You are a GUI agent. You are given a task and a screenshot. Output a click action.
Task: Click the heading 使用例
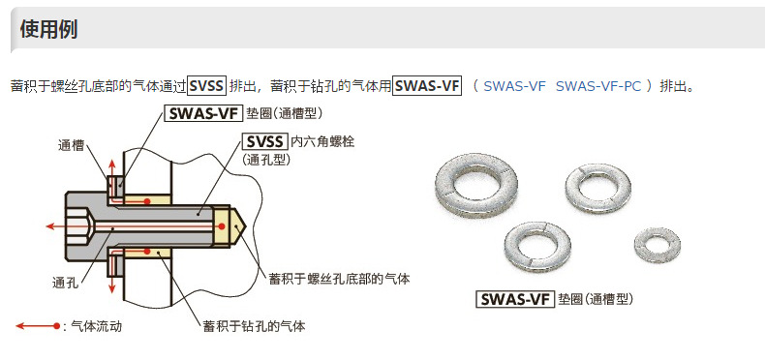(x=48, y=29)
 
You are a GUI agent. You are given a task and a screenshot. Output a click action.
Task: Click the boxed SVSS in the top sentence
(x=206, y=85)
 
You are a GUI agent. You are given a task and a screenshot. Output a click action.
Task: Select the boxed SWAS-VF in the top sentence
(x=427, y=85)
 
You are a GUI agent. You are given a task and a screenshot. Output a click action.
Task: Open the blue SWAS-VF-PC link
(x=598, y=86)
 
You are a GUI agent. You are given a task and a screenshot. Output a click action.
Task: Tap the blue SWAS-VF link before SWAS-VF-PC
(x=514, y=86)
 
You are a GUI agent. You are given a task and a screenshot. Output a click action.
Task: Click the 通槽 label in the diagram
(x=71, y=146)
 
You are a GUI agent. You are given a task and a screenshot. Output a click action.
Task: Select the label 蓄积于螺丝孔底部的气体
(x=339, y=279)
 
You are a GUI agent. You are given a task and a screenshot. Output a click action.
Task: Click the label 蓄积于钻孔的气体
(x=254, y=326)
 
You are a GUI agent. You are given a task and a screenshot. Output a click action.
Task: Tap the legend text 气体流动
(x=97, y=326)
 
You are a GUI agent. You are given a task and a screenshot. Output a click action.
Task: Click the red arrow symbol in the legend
(x=37, y=326)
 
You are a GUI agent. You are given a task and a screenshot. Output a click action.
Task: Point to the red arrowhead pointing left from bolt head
(x=47, y=225)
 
